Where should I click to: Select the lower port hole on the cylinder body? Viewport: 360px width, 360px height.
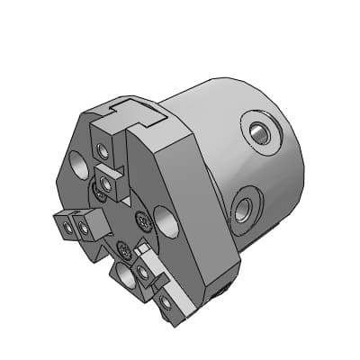click(243, 212)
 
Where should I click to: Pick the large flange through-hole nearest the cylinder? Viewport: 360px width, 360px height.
click(166, 220)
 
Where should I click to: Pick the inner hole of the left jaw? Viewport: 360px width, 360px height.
click(84, 228)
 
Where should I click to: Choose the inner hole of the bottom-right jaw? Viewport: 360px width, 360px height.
click(144, 273)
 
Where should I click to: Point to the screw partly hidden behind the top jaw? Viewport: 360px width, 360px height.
click(94, 191)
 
